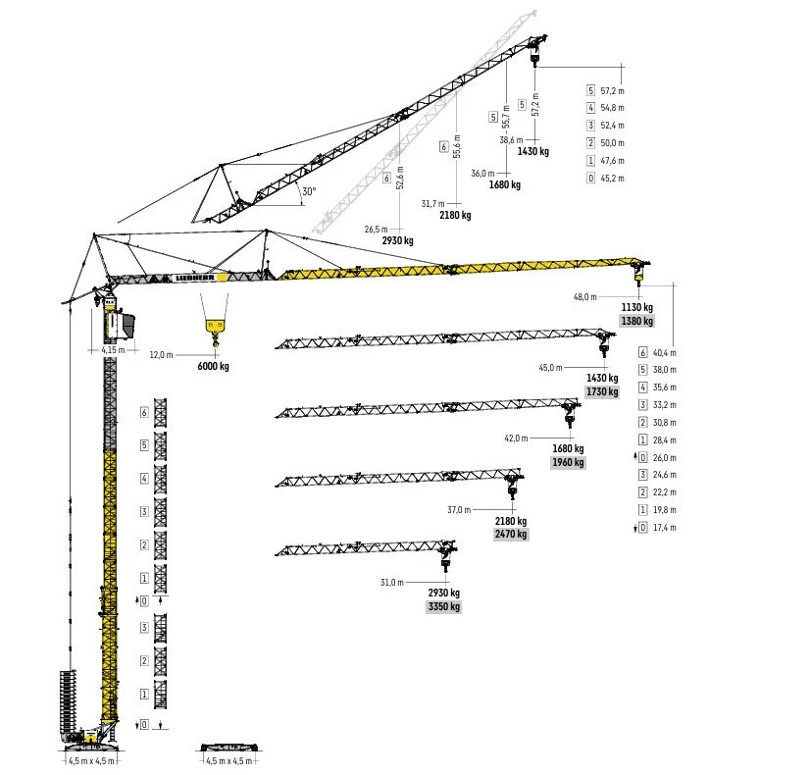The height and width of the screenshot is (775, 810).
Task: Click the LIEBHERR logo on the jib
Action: pos(195,278)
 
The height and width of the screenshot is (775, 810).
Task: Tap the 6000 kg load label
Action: pos(214,366)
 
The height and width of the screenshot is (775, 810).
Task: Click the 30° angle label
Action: pos(309,191)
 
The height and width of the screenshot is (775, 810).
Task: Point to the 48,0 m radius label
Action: pos(584,297)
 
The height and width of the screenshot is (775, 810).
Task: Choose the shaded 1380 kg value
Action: pos(637,321)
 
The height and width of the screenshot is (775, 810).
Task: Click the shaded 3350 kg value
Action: pos(444,606)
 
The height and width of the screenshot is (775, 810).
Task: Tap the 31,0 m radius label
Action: pos(392,583)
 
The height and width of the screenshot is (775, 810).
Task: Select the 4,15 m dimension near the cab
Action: pos(113,350)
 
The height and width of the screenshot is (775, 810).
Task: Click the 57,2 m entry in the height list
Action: pos(612,91)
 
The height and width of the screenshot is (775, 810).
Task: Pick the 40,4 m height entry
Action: pos(664,353)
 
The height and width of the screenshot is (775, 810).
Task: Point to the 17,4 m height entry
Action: pos(664,528)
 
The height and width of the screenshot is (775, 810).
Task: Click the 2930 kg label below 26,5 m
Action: pos(398,240)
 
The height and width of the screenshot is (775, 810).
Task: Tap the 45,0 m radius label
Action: pos(550,368)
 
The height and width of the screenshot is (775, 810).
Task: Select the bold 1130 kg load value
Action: pos(637,307)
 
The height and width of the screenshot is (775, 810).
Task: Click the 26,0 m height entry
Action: pos(664,458)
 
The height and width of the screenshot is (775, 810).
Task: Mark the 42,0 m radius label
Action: pos(516,439)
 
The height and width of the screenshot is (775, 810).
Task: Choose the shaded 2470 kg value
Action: pos(511,534)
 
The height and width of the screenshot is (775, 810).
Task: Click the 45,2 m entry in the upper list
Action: pos(612,179)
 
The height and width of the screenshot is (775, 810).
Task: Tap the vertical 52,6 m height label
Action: pos(400,178)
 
